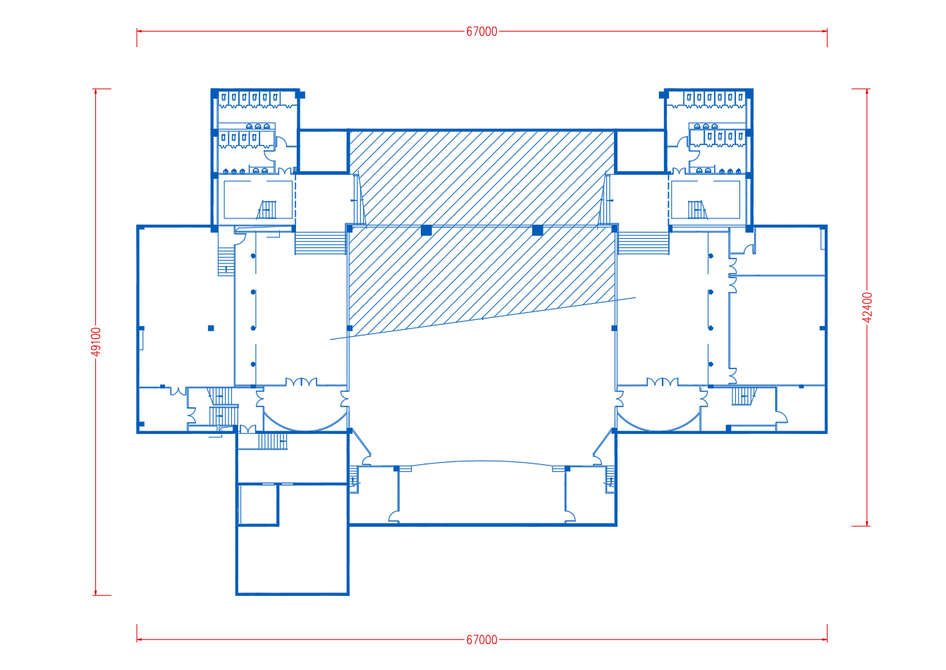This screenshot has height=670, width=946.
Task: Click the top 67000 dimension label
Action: pos(481,32)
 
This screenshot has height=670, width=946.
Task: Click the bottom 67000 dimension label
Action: pos(481,640)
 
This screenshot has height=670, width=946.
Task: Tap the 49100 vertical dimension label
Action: pos(97,342)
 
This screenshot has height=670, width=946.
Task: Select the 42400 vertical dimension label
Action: pos(866,307)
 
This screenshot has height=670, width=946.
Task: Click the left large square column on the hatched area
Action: pos(426,230)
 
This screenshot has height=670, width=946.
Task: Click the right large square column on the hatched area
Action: pos(538,230)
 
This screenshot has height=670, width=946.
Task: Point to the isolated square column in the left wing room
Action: pos(211,328)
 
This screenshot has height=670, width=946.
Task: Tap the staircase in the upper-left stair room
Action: pos(266,210)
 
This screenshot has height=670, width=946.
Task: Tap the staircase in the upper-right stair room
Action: pos(697,210)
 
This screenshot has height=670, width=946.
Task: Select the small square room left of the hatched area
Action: pos(323,151)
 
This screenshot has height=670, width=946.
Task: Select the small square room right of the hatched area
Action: pos(640,151)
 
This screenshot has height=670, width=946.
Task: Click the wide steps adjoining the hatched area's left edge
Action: pos(321,243)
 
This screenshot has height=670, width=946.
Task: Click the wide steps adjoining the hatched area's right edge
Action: pos(643,243)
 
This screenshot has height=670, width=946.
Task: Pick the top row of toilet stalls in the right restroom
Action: pos(714,99)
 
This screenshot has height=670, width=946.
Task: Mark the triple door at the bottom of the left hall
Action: pos(302,382)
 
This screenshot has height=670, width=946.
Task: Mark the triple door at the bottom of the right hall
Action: pos(663,382)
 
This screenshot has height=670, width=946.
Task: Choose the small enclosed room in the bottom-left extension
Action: pos(258,504)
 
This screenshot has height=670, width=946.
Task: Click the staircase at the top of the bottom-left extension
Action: pos(273,441)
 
